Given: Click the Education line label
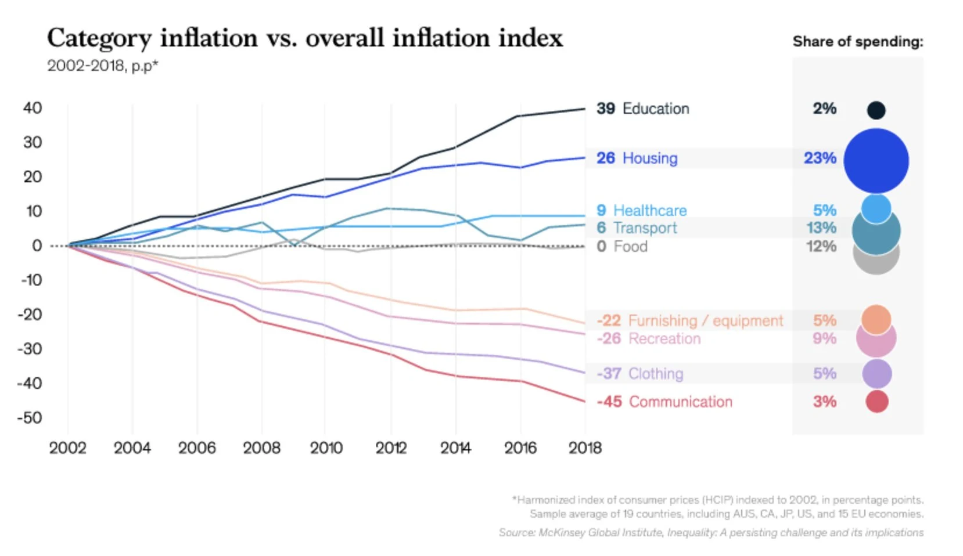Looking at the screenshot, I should click(x=655, y=109).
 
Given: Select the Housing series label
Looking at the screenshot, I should click(x=649, y=158).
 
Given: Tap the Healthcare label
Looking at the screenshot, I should click(x=649, y=210).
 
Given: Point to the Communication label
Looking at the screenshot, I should click(x=680, y=402).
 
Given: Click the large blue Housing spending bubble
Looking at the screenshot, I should click(x=876, y=161).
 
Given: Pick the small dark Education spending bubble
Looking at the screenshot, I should click(x=876, y=110).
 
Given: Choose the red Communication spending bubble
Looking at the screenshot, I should click(x=876, y=402).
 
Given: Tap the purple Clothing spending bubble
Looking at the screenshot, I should click(x=876, y=374).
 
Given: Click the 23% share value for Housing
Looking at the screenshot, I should click(x=820, y=158).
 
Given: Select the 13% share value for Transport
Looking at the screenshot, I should click(x=821, y=228).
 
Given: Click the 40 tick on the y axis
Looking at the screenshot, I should click(x=33, y=108).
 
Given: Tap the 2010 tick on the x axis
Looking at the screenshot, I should click(x=326, y=448).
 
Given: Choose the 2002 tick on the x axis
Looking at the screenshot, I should click(x=67, y=448).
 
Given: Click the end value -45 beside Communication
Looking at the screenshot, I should click(x=609, y=402).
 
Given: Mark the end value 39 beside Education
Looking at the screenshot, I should click(x=605, y=109).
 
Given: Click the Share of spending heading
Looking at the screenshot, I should click(x=857, y=42).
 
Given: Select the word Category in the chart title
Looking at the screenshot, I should click(x=99, y=38).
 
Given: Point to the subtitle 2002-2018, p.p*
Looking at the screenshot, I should click(x=102, y=66).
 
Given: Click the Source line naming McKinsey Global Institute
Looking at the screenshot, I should click(x=711, y=532).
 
